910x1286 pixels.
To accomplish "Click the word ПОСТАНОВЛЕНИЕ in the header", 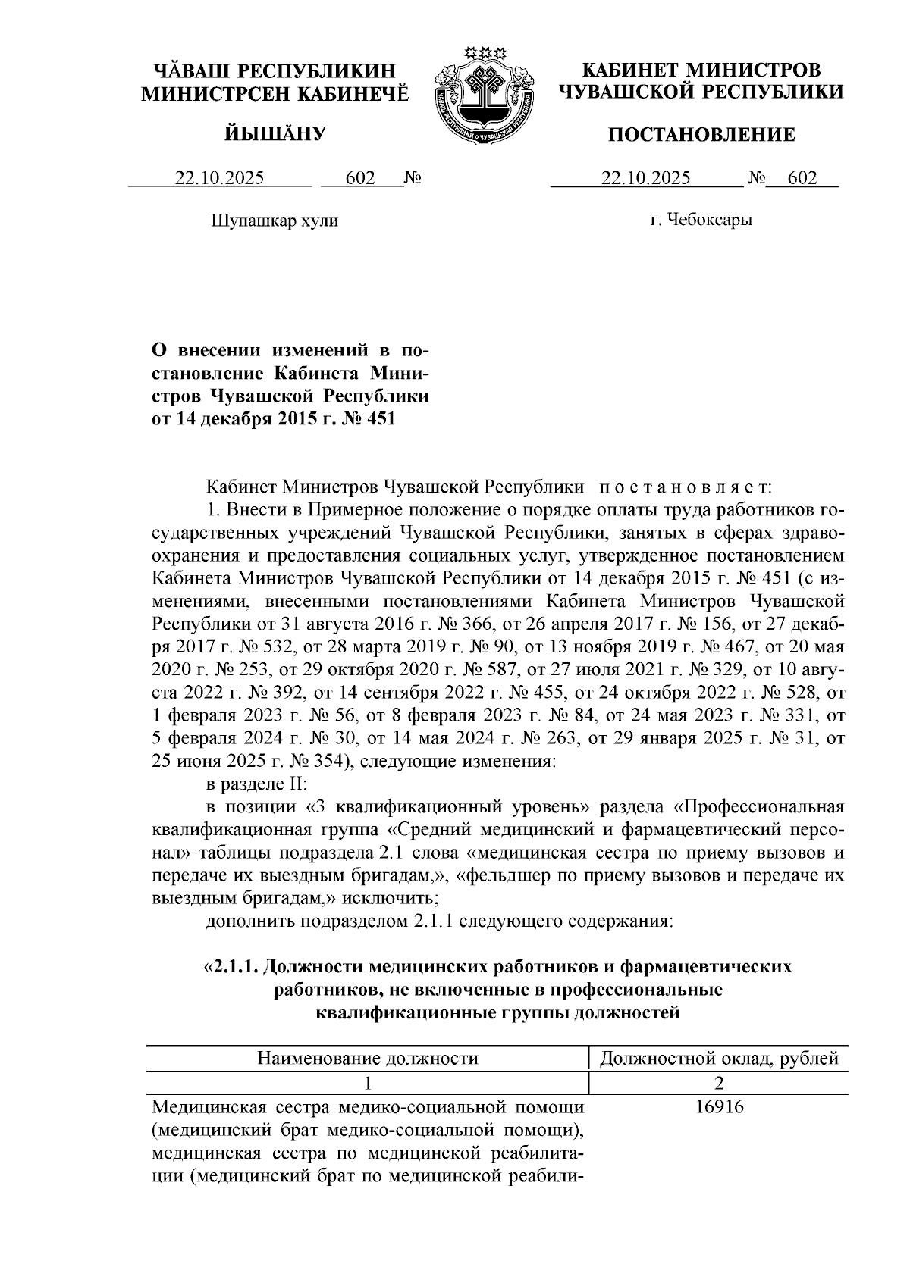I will pos(703,135).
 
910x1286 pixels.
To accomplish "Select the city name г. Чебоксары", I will pos(701,221).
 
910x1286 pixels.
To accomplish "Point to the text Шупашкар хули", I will pos(274,221).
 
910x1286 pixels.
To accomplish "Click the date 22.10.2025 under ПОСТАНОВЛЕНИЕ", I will pos(645,178).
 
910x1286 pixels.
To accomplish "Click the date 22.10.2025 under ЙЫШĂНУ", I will pos(220,178).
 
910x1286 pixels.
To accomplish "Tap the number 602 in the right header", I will pos(802,178).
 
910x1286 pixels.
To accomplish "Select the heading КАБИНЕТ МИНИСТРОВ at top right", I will pos(701,70).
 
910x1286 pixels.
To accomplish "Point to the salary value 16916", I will pos(719,1108).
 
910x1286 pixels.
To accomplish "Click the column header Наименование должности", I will pos(368,1059).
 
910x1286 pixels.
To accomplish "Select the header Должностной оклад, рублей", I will pos(719,1059).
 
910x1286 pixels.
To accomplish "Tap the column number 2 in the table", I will pos(719,1083).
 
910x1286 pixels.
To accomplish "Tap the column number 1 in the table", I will pos(368,1083).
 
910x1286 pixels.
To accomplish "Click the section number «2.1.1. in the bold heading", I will pos(232,968).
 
